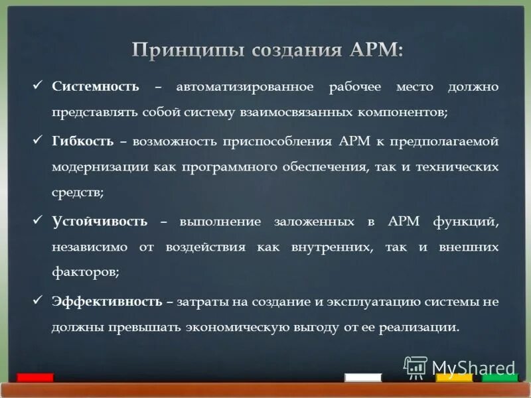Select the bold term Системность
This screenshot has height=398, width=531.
(96, 87)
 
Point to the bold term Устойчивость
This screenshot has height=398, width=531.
(100, 221)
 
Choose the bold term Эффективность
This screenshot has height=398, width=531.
(107, 301)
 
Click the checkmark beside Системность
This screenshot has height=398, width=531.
(38, 86)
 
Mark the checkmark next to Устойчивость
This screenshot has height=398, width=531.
(38, 220)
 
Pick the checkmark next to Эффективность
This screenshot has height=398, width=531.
(38, 300)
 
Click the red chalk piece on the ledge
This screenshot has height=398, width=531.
(35, 377)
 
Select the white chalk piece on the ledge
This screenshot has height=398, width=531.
(363, 377)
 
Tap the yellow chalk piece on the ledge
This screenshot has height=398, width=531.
(454, 377)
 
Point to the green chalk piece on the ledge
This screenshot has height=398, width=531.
(500, 377)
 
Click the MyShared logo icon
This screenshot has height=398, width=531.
(416, 367)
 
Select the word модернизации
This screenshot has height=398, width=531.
(100, 167)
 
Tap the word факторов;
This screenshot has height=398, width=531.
(86, 271)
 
